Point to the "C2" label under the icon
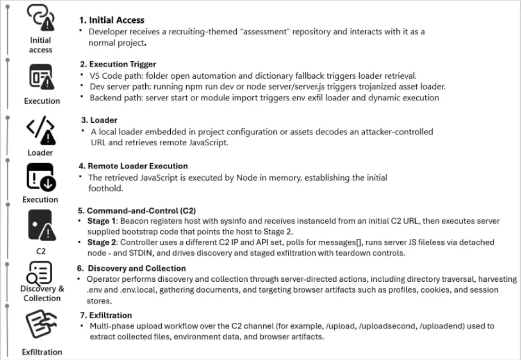41,251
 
